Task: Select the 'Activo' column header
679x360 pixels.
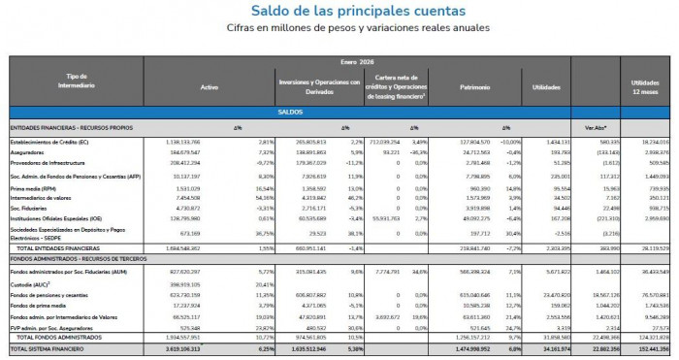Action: point(210,86)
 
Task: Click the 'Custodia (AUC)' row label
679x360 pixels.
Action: point(31,284)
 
